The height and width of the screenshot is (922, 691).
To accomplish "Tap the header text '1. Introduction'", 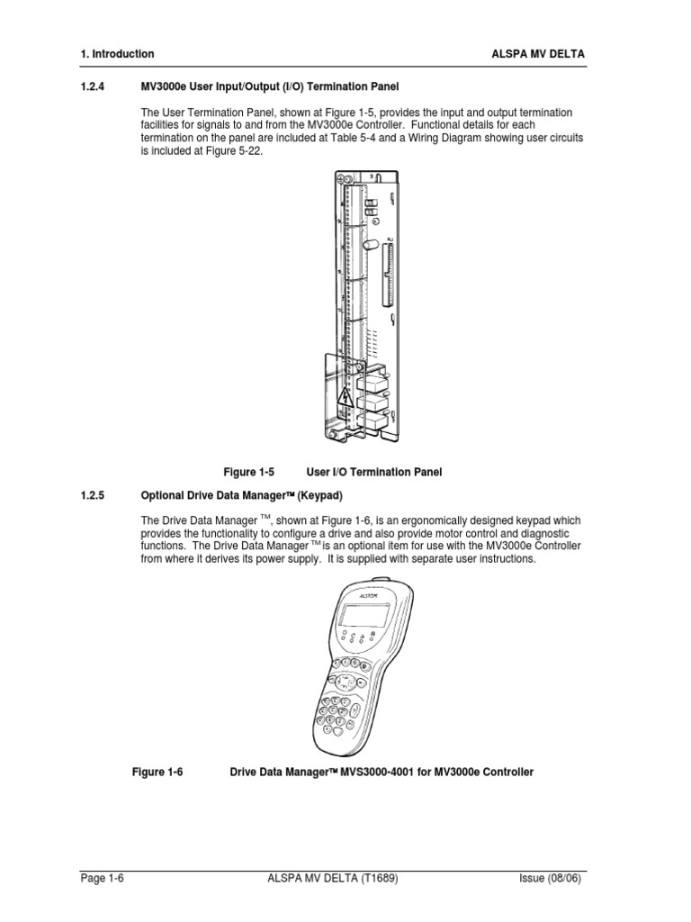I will (x=117, y=54).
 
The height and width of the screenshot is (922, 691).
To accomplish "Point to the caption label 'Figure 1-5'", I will (x=248, y=472).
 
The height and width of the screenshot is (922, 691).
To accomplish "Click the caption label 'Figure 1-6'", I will (x=157, y=772).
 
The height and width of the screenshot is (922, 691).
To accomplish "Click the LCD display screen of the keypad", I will (x=364, y=618).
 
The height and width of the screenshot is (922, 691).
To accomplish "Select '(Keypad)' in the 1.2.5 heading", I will (x=319, y=495).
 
